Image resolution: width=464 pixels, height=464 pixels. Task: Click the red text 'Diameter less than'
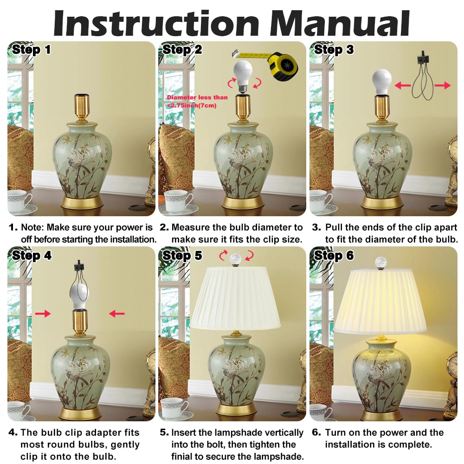point(197,97)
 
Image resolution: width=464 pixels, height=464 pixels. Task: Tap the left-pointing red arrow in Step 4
point(117,314)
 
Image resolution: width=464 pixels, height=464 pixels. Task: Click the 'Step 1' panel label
point(32,50)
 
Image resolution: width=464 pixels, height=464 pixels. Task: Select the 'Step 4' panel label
point(32,255)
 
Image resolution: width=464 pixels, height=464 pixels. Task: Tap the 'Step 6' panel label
point(334,255)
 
